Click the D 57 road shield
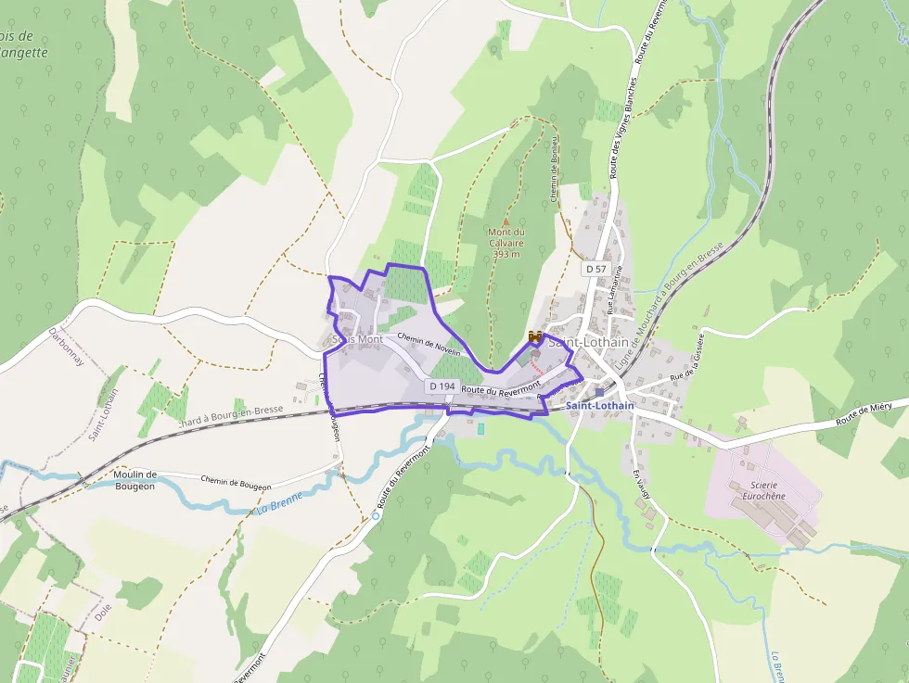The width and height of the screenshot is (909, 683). coord(595,268)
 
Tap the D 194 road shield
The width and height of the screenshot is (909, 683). coord(441,385)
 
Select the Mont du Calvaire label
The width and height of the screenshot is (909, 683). coord(507,237)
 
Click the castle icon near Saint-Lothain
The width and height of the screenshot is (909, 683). coord(534,337)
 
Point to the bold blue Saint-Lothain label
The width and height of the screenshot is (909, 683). coord(600,406)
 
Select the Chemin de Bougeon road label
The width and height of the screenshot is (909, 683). coord(236,482)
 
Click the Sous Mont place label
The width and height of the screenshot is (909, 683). coord(358,339)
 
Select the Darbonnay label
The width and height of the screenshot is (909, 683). coord(67,345)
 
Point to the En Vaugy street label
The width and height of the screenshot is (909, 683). coord(641,487)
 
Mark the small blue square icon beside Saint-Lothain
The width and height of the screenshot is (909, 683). coord(599,393)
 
